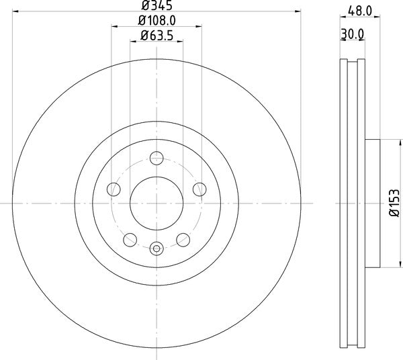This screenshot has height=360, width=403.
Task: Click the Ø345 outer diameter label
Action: [x=156, y=7]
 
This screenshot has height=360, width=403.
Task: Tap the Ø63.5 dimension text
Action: [x=156, y=38]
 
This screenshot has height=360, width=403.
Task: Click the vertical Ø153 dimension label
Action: [x=396, y=202]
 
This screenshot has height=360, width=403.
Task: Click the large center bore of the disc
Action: [x=156, y=202]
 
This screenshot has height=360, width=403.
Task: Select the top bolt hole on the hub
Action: [x=156, y=159]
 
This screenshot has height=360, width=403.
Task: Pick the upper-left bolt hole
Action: [x=114, y=189]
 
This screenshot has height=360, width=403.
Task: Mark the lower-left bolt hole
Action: [x=130, y=238]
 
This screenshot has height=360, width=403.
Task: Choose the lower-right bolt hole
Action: [x=182, y=238]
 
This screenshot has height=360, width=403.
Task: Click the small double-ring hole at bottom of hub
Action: [x=156, y=249]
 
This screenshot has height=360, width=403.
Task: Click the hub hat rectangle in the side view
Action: [x=372, y=202]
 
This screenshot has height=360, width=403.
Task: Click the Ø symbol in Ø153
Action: [x=396, y=215]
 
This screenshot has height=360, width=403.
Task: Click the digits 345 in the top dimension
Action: [x=160, y=7]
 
